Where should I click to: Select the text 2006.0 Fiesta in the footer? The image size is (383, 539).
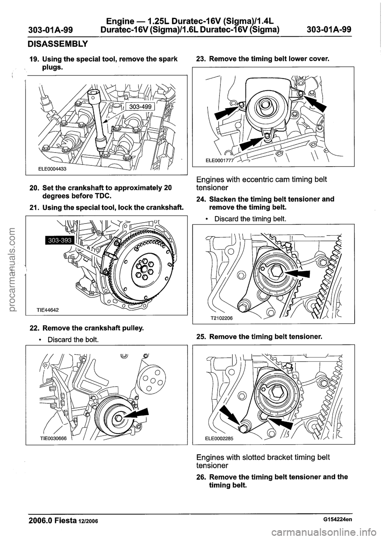(x=54, y=519)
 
